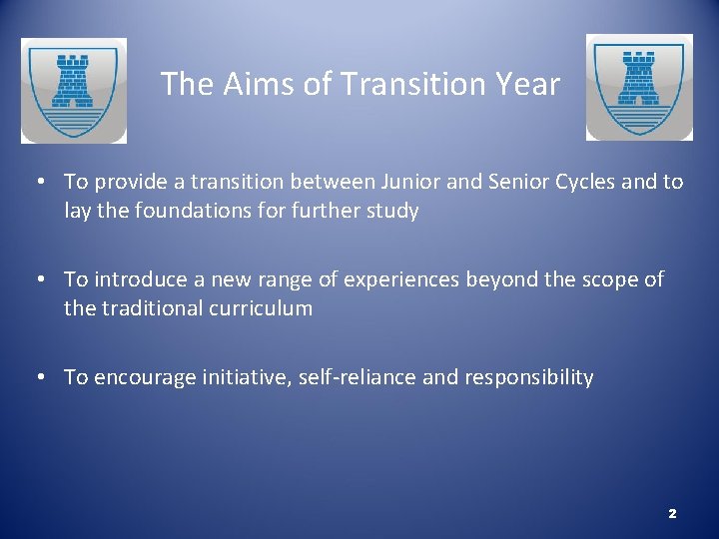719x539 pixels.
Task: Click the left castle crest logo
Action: click(x=74, y=90)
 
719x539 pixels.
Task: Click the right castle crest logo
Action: click(x=638, y=87)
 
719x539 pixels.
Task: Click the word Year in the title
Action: click(x=528, y=84)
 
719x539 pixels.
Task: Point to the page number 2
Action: click(x=672, y=513)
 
